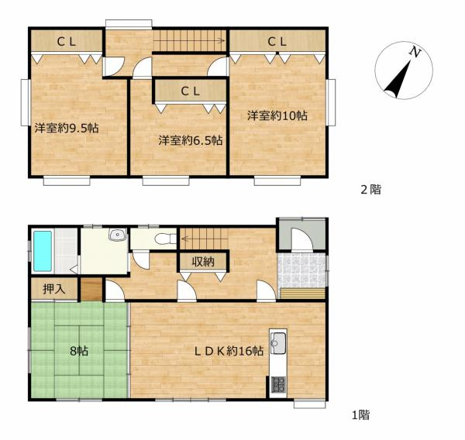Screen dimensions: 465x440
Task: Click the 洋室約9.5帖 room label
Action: [x=67, y=128]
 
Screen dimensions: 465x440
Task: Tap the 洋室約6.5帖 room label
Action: [x=191, y=140]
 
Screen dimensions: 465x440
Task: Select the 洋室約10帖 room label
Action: [x=277, y=115]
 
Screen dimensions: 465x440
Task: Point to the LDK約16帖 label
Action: [x=229, y=351]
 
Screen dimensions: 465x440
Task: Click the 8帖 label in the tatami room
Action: [x=79, y=351]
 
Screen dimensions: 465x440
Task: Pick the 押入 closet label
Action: [x=54, y=289]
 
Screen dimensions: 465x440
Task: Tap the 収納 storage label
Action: [x=203, y=262]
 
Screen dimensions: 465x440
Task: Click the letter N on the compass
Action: [x=415, y=53]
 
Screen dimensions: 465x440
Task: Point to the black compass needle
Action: [x=398, y=80]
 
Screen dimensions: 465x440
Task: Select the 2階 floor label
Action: [x=370, y=190]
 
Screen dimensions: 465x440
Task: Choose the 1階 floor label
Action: [x=361, y=414]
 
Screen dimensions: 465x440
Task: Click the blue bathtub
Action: [x=43, y=251]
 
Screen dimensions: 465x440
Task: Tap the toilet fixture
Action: [x=166, y=239]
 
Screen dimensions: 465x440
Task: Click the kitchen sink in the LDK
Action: [x=278, y=343]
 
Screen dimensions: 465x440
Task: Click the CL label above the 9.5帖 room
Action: [x=67, y=42]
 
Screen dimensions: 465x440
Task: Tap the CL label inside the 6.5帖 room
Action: [x=191, y=91]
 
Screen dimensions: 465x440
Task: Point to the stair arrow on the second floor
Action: [x=188, y=40]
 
